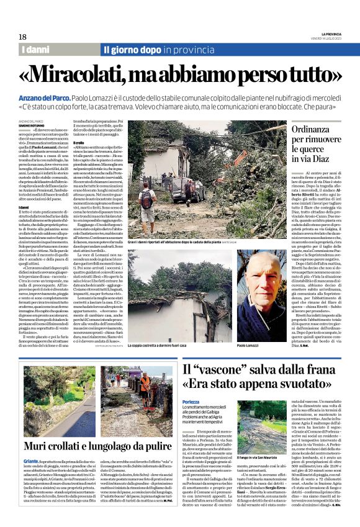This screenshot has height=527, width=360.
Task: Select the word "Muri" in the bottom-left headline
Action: pyautogui.click(x=39, y=445)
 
